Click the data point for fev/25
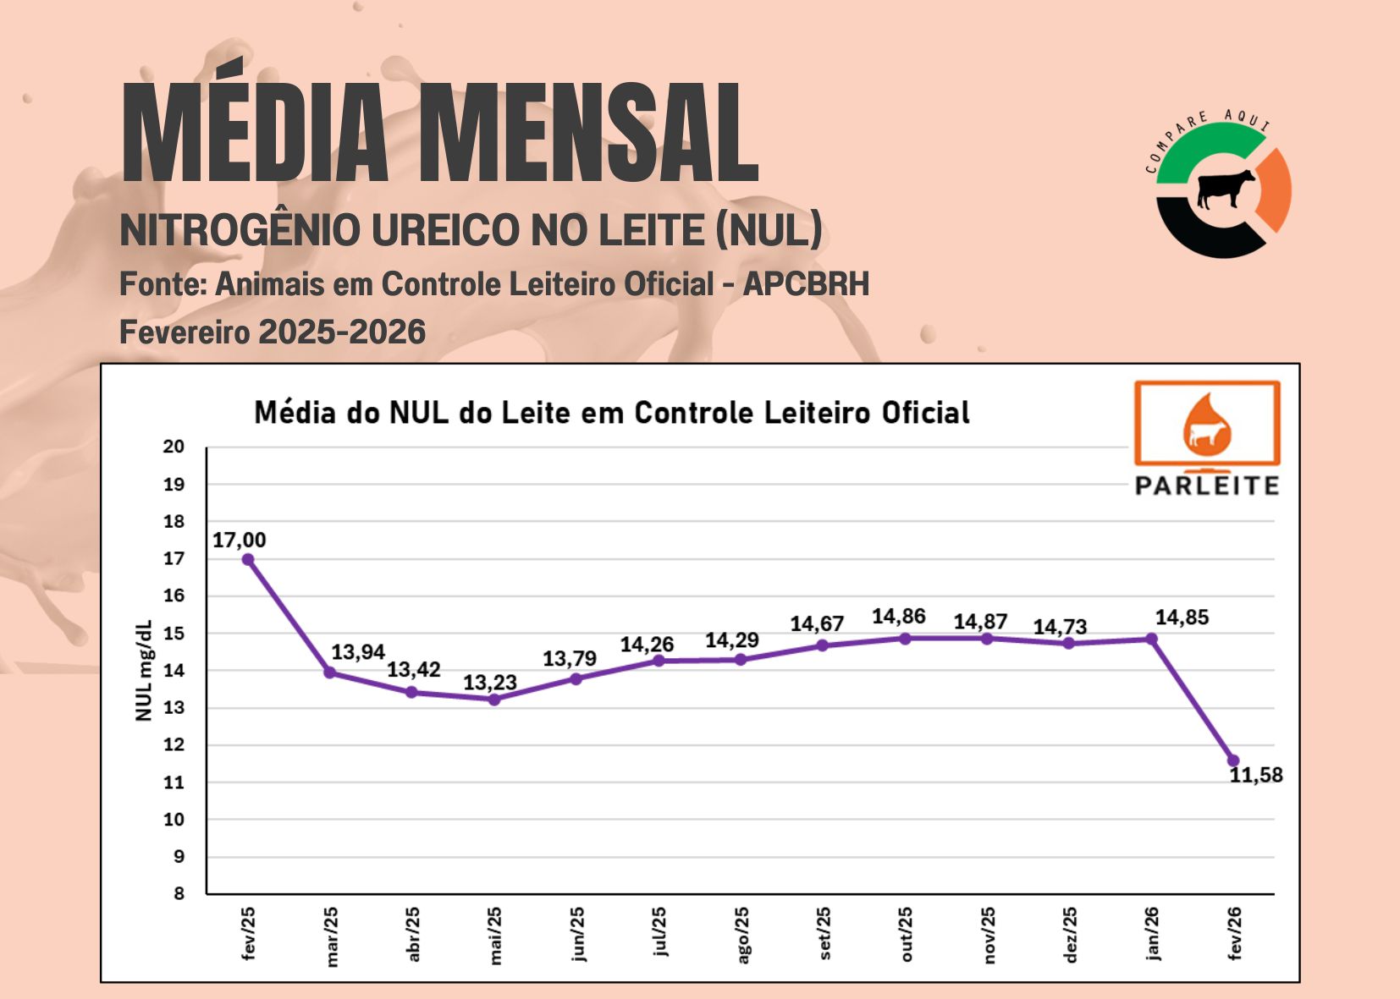click(248, 559)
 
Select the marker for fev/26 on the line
click(1233, 760)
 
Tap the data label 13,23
click(489, 683)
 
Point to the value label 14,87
click(980, 623)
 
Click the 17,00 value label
click(239, 541)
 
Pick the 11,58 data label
click(1256, 776)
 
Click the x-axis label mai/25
click(495, 935)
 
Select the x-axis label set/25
click(824, 934)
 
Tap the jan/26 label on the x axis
click(1152, 934)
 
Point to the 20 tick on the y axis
click(174, 447)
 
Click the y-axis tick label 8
click(179, 893)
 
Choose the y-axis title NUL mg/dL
click(144, 670)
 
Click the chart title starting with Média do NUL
click(612, 413)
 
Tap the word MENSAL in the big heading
click(587, 134)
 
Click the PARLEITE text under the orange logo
click(1207, 486)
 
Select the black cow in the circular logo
click(1225, 188)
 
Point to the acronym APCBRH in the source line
click(806, 284)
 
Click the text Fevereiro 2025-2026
click(273, 332)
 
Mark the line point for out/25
click(905, 639)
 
